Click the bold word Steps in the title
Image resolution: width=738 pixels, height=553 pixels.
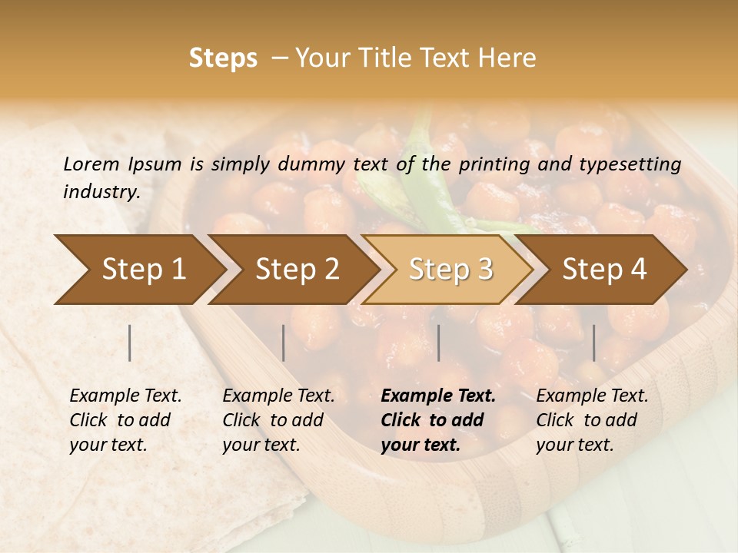[x=223, y=58]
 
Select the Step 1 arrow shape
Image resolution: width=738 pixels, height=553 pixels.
[x=138, y=270]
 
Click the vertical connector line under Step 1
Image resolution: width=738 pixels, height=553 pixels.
[x=130, y=343]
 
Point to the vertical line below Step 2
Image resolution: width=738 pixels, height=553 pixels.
[x=284, y=343]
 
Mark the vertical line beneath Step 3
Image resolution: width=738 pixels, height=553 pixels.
[x=438, y=343]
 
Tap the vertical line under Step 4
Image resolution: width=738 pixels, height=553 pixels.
[x=593, y=343]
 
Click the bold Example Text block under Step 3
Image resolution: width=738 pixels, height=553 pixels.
[x=438, y=420]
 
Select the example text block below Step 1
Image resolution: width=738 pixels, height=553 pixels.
[x=125, y=420]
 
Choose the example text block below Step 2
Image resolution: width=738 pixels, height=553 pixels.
[x=278, y=420]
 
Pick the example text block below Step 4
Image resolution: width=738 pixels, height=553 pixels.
[x=592, y=420]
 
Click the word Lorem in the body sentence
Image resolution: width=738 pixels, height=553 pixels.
[x=91, y=164]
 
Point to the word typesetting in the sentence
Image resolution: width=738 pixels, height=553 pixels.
[x=636, y=164]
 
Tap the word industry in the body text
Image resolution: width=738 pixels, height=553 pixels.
[x=101, y=191]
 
